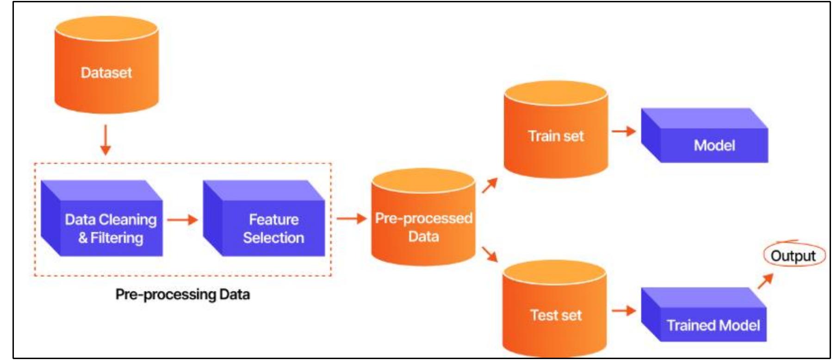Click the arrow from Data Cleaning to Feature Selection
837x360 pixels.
182,219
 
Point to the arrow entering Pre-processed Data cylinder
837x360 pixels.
351,218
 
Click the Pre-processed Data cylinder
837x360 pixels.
423,222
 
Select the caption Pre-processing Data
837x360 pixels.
182,294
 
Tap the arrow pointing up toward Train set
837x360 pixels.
490,185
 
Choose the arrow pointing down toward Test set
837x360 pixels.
490,254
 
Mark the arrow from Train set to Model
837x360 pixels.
623,131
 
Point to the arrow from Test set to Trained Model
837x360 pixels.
623,310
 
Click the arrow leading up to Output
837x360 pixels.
765,281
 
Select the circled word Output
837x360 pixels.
793,256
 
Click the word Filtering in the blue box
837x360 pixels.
117,238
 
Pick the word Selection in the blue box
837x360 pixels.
273,238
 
